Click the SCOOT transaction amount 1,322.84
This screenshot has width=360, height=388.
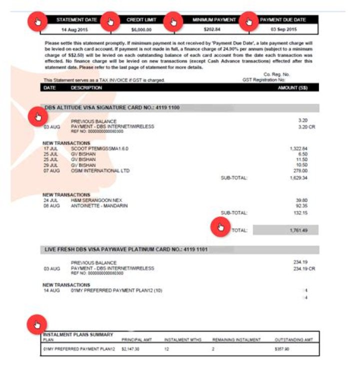point(298,148)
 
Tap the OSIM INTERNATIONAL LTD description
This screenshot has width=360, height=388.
point(100,170)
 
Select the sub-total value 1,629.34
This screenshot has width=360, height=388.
point(298,177)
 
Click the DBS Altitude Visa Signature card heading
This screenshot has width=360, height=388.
point(112,107)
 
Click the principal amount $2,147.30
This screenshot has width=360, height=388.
point(130,349)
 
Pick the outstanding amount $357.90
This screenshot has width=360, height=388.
point(282,349)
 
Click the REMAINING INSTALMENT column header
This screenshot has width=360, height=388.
point(236,339)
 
